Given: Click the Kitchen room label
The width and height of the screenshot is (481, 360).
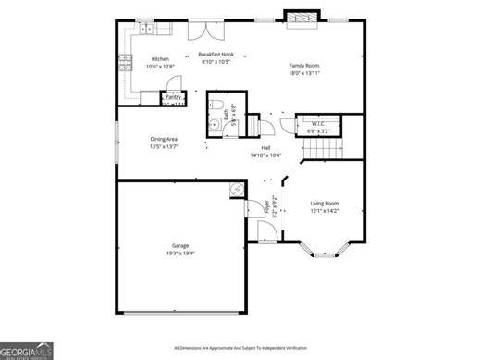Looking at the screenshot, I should [x=160, y=59].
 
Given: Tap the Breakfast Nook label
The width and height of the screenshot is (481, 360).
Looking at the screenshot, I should [x=215, y=55].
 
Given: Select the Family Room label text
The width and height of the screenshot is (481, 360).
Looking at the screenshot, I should [x=303, y=65].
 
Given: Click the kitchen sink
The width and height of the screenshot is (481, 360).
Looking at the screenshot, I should [x=145, y=28].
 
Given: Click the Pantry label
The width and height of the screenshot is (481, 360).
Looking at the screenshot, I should [x=173, y=96].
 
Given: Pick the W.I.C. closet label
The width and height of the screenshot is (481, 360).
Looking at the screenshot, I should [x=317, y=122].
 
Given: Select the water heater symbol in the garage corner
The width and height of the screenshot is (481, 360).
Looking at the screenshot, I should [x=237, y=190].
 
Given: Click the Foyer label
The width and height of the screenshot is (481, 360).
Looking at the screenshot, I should [x=266, y=209].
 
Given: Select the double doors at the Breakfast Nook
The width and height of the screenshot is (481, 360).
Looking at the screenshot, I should [x=205, y=31].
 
